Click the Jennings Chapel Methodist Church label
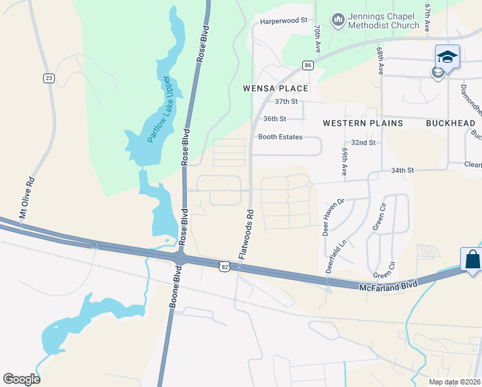[383, 21]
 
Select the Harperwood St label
[284, 21]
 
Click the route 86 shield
[308, 65]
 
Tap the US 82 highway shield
[224, 266]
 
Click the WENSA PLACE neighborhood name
[275, 88]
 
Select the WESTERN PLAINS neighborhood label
[362, 123]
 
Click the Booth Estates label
[280, 137]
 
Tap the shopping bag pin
[472, 260]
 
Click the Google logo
[21, 379]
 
